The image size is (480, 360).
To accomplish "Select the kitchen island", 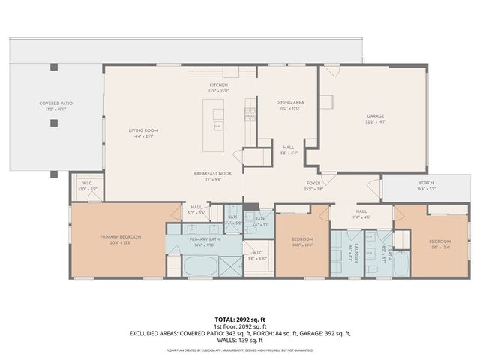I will click(218, 120).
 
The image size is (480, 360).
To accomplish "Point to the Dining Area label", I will click(289, 104).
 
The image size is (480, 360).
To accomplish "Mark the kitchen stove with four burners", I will click(249, 115).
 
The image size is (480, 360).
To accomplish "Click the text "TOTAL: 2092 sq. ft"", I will click(240, 319).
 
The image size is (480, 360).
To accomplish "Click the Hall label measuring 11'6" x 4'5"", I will click(361, 214).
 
